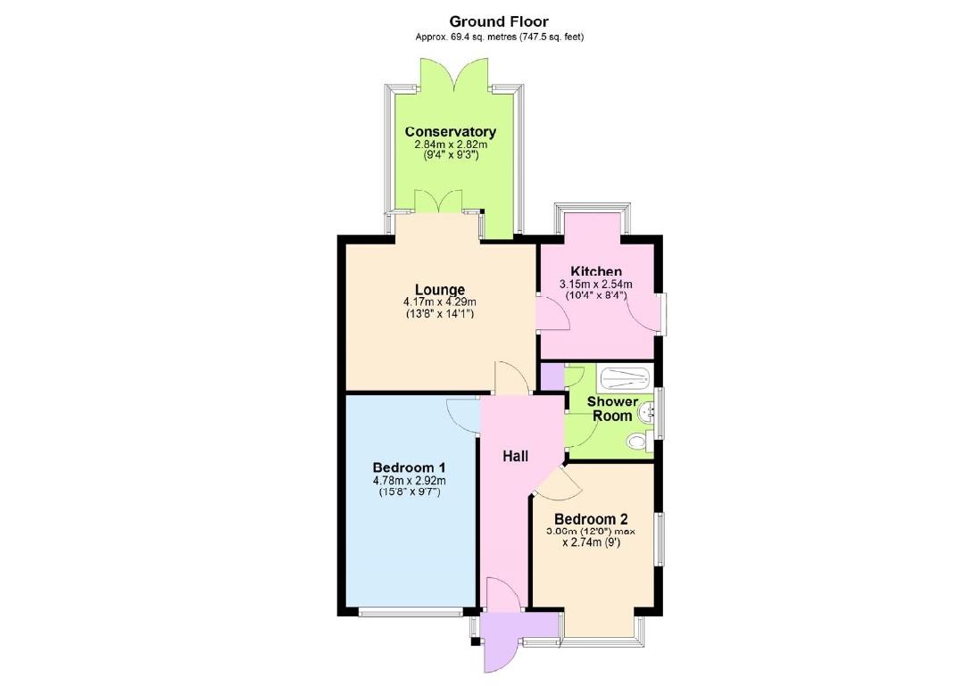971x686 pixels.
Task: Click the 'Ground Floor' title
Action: click(x=498, y=21)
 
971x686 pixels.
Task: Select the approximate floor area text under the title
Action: click(x=499, y=37)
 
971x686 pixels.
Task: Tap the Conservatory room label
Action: click(x=451, y=132)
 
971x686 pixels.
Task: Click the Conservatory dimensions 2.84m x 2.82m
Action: click(x=451, y=144)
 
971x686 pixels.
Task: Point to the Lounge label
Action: click(x=439, y=290)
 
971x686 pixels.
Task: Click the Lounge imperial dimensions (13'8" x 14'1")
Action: click(x=439, y=313)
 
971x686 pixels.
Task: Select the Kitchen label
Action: click(x=596, y=272)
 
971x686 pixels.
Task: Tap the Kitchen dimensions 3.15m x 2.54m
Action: click(x=596, y=284)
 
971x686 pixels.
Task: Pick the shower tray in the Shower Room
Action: click(x=626, y=378)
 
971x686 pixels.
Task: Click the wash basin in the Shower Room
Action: click(x=649, y=411)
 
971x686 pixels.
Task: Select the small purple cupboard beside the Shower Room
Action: click(x=552, y=376)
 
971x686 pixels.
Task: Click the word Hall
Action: click(x=515, y=457)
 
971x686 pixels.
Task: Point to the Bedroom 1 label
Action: click(x=409, y=467)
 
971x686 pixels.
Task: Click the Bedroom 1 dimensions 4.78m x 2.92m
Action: click(x=409, y=481)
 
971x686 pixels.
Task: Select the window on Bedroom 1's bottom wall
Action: click(x=411, y=612)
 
